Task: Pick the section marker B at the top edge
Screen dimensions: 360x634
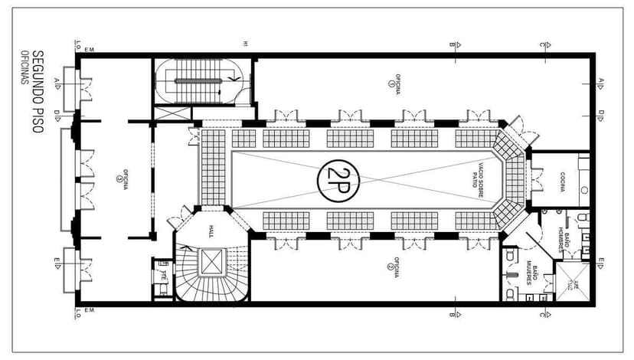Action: [453, 44]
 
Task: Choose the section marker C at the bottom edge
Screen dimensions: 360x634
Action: [541, 314]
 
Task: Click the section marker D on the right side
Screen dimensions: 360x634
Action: [602, 113]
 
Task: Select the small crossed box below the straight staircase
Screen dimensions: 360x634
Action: [172, 113]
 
